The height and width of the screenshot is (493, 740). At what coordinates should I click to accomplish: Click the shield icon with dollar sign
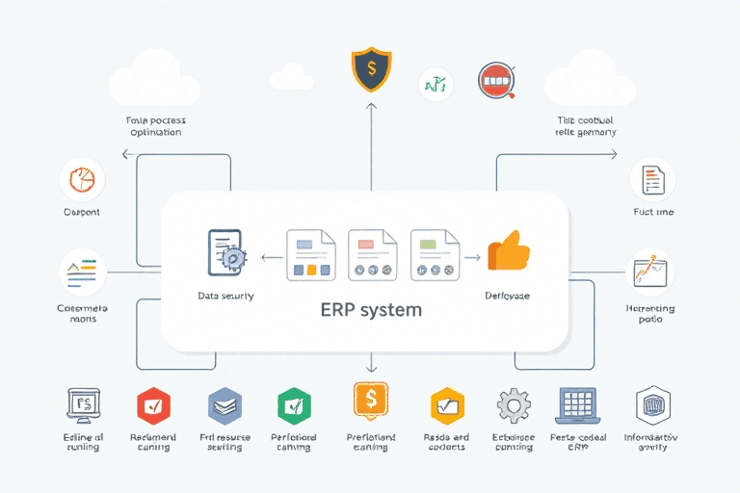pyautogui.click(x=371, y=69)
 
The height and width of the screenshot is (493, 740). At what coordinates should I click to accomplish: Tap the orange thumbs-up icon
pyautogui.click(x=509, y=251)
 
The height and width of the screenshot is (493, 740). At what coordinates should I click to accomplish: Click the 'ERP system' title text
pyautogui.click(x=370, y=311)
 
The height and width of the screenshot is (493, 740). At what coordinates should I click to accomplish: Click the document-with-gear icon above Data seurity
pyautogui.click(x=227, y=253)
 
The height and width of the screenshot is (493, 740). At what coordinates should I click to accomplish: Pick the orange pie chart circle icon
pyautogui.click(x=82, y=180)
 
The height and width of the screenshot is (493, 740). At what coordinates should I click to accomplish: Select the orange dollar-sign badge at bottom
pyautogui.click(x=370, y=401)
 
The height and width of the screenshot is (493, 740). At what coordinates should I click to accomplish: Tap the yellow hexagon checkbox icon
pyautogui.click(x=447, y=405)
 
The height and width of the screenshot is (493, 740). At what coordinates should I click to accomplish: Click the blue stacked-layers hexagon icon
pyautogui.click(x=225, y=405)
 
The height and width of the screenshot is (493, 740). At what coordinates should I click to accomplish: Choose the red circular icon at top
pyautogui.click(x=495, y=82)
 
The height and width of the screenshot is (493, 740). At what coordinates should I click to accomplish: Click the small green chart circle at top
pyautogui.click(x=436, y=85)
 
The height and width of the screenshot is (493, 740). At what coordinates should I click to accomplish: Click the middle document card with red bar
pyautogui.click(x=373, y=254)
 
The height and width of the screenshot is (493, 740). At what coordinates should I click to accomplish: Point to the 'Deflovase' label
pyautogui.click(x=507, y=296)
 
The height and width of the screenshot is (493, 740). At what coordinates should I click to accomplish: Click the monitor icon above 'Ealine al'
pyautogui.click(x=83, y=405)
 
